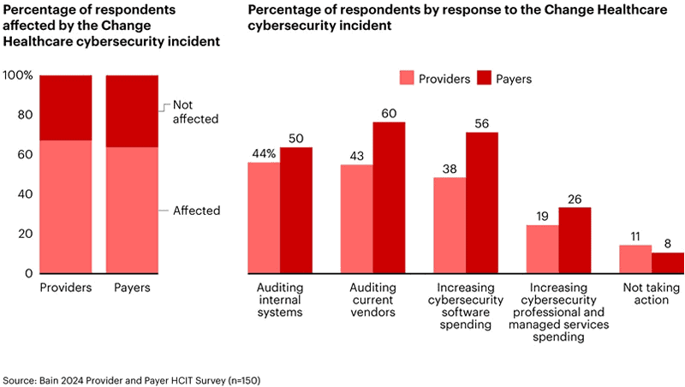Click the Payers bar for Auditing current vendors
pos(389,198)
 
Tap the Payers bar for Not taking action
pos(668,263)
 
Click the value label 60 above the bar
pos(389,113)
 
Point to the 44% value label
pos(263,153)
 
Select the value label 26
pos(575,199)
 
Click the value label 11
pos(635,236)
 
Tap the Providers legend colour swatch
pos(407,78)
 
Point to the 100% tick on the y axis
pos(18,75)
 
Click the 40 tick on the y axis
pos(25,194)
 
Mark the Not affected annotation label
pos(195,112)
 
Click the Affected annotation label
pos(196,211)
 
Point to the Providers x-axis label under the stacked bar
pos(66,288)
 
